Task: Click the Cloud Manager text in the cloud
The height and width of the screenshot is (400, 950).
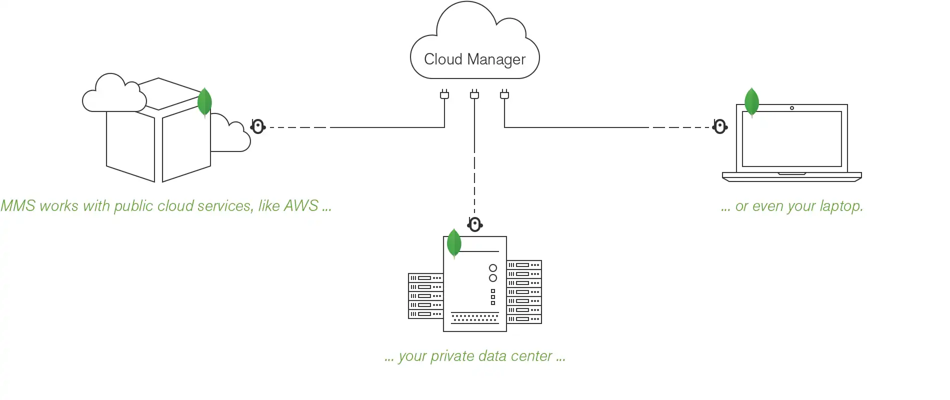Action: pos(474,59)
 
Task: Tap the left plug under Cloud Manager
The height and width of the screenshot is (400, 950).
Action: pos(444,94)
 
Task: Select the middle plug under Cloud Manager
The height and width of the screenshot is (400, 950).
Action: pos(474,94)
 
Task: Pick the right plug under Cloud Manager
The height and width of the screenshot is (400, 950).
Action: pos(504,94)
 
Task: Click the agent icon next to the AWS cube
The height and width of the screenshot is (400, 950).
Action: pos(257,127)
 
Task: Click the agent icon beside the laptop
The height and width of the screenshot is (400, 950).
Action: pos(719,127)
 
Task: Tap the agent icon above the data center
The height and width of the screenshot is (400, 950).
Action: pos(474,224)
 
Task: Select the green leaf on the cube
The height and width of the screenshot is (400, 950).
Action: pos(204,102)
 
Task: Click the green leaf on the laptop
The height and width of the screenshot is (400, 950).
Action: pos(751,102)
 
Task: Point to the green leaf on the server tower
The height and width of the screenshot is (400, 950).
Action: pos(454,243)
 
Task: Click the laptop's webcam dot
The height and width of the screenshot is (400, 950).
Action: pos(791,108)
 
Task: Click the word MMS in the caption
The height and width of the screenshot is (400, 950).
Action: pos(18,206)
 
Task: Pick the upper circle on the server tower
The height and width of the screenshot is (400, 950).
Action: pos(492,268)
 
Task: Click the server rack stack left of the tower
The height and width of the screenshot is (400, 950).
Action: pos(425,296)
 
